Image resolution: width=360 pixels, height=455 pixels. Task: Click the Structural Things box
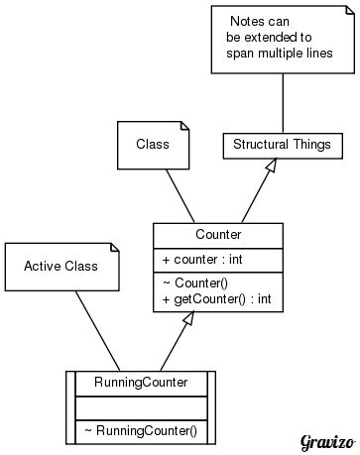(283, 145)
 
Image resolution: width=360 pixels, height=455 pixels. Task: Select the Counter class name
(218, 235)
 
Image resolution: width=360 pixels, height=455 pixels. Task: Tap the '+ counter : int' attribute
(204, 260)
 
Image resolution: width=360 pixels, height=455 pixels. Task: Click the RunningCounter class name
(141, 382)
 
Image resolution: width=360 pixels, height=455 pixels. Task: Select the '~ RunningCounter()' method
(141, 431)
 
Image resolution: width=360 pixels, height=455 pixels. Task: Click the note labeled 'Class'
(153, 145)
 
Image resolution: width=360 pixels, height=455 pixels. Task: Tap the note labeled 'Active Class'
(61, 267)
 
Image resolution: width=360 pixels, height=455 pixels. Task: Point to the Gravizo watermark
(327, 440)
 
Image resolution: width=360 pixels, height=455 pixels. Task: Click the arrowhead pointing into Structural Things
(269, 166)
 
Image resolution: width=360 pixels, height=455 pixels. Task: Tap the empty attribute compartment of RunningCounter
(141, 406)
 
